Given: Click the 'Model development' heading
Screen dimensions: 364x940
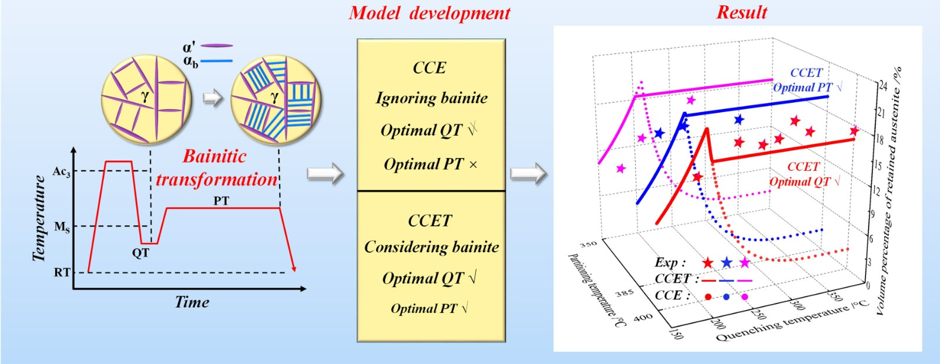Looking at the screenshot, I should tap(429, 13).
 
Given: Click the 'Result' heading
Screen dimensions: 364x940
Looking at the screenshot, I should tap(741, 12).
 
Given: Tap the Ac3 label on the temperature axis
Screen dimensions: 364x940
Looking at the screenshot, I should tap(61, 171).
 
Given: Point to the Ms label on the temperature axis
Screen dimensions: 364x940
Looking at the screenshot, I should tap(62, 227).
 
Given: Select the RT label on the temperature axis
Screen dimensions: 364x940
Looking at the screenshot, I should tap(62, 272).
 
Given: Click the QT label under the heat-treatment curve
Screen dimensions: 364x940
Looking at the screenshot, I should tap(140, 253).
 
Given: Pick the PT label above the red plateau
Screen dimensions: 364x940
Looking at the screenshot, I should tap(221, 201).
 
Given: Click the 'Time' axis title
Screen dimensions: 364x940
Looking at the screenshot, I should tap(192, 302).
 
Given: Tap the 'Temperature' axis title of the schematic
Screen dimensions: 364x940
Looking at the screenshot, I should tap(39, 218).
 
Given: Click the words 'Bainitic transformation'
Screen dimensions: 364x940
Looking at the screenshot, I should tap(216, 168).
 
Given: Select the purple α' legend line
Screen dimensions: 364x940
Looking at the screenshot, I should tap(217, 45).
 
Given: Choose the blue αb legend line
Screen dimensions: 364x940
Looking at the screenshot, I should tap(217, 60).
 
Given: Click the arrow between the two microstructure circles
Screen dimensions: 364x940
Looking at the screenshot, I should tap(213, 97).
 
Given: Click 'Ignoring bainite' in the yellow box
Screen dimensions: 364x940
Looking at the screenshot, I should tap(431, 98).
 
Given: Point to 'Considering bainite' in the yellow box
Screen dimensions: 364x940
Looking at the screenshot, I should tap(431, 247).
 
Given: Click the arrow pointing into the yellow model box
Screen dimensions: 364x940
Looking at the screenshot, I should tap(325, 174).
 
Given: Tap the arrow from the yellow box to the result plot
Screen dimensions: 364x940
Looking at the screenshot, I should tap(528, 174).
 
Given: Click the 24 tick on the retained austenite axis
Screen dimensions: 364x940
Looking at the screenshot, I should tap(882, 86).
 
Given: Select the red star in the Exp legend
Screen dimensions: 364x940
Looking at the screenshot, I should tap(708, 263).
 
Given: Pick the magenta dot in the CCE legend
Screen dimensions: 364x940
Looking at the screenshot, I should tap(745, 297).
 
